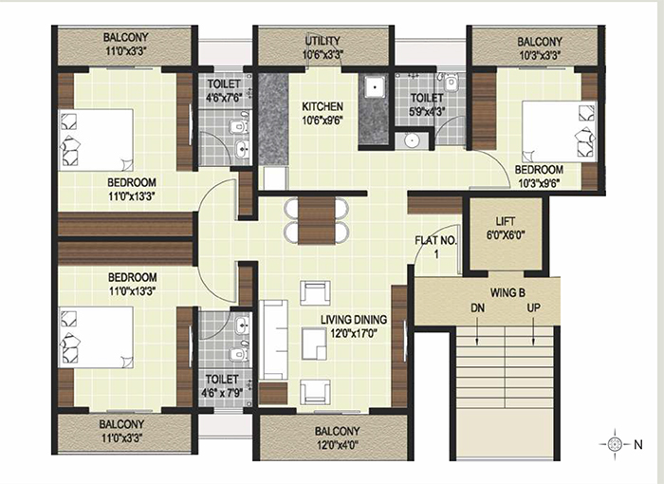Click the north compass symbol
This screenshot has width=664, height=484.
tap(614, 444)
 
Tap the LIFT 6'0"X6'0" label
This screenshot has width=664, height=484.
tap(506, 228)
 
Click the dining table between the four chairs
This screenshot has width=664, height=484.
tap(316, 220)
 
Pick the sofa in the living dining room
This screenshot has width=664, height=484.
tap(273, 340)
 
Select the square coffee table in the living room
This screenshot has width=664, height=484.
tap(314, 344)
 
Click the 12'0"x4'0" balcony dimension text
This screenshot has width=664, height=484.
tap(338, 445)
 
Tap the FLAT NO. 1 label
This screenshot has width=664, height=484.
tap(436, 247)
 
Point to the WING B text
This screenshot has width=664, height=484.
tap(507, 292)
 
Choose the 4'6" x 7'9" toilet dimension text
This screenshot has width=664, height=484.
tap(222, 393)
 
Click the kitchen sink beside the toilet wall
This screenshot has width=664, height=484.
tap(374, 88)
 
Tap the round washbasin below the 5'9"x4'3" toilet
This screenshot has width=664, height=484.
tap(412, 140)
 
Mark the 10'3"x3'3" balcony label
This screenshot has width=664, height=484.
tap(540, 55)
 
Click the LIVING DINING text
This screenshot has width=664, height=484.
tap(354, 320)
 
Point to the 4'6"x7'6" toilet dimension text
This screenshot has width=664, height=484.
tap(224, 98)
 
